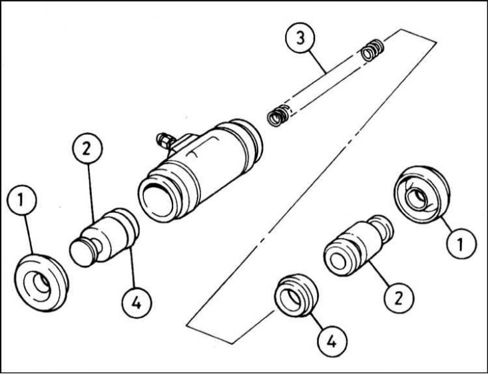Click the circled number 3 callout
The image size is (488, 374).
click(302, 39)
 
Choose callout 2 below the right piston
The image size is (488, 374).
click(398, 297)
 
